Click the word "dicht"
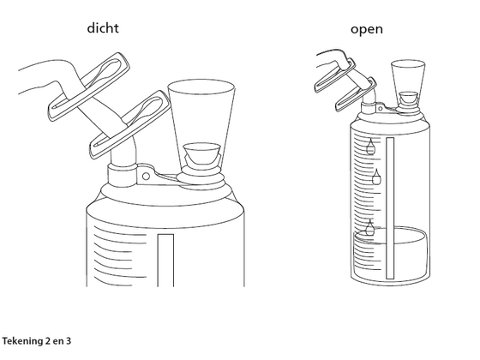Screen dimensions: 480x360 (x=103, y=27)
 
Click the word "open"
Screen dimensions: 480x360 (x=367, y=30)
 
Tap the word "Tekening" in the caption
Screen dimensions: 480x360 (x=23, y=341)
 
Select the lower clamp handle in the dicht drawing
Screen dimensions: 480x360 (x=130, y=123)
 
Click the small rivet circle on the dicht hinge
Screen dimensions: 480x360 (x=146, y=177)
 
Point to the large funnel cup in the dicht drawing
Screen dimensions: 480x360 (x=201, y=123)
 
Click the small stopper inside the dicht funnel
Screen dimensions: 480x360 (x=201, y=153)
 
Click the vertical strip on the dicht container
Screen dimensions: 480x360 (x=165, y=261)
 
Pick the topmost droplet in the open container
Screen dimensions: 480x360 (x=370, y=147)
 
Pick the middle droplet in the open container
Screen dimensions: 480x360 (x=376, y=177)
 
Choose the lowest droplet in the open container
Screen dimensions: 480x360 (x=370, y=227)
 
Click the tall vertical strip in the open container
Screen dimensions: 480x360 (x=390, y=208)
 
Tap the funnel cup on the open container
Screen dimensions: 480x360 (x=408, y=81)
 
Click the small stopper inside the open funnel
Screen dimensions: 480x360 (x=408, y=98)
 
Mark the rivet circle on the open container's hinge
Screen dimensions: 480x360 (x=381, y=108)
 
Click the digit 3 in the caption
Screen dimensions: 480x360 (x=68, y=341)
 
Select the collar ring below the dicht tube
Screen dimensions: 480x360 (x=122, y=176)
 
